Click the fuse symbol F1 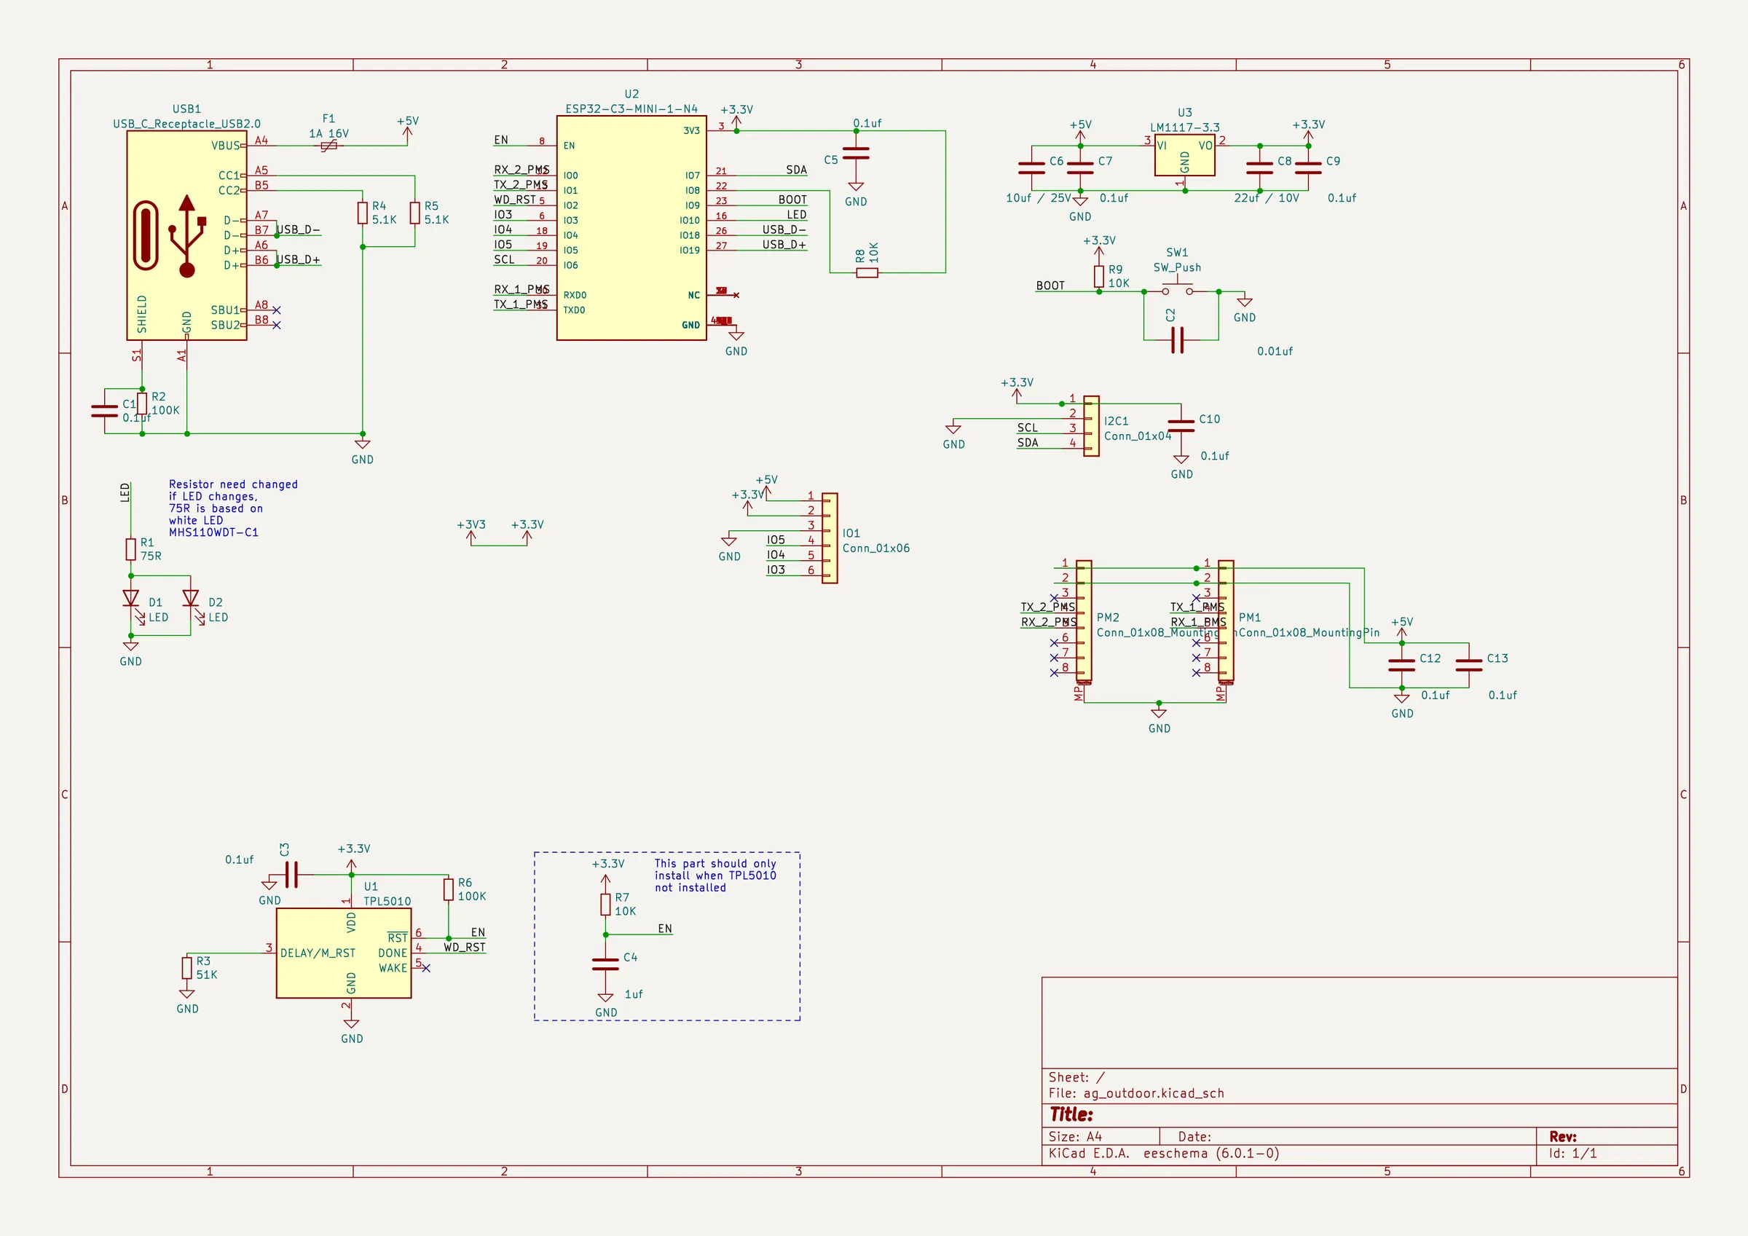(x=328, y=146)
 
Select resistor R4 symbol (x=363, y=213)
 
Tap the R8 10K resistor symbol (x=867, y=272)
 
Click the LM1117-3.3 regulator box (x=1184, y=155)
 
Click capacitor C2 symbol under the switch (x=1177, y=340)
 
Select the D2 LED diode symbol (x=190, y=599)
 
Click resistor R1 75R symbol (x=131, y=549)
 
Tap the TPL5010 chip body (x=343, y=953)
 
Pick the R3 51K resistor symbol (x=186, y=968)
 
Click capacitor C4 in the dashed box (x=605, y=964)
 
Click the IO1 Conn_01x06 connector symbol (x=829, y=538)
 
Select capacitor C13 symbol (x=1468, y=666)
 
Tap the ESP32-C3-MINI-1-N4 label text (x=631, y=109)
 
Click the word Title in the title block (x=1071, y=1115)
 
